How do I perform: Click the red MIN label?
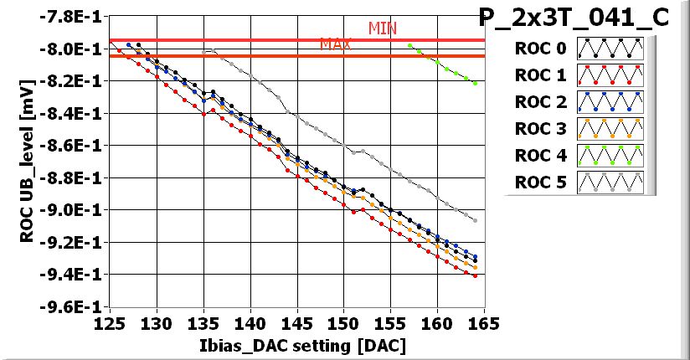click(x=383, y=28)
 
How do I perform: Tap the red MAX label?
click(x=335, y=44)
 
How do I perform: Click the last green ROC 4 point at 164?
click(x=475, y=84)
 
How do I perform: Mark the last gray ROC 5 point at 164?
click(x=475, y=220)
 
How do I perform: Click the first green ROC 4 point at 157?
click(x=409, y=45)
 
